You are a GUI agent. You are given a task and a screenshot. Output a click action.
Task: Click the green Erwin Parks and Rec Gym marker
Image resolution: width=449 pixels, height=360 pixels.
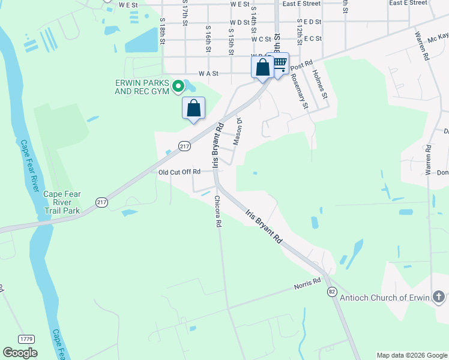click(178, 88)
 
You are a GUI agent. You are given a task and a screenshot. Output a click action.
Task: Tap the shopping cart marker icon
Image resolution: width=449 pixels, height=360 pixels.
click(279, 63)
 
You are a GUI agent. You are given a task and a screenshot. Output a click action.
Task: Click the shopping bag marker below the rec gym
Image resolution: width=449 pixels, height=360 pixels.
click(193, 109)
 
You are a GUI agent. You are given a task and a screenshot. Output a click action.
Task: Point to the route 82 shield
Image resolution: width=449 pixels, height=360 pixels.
click(332, 291)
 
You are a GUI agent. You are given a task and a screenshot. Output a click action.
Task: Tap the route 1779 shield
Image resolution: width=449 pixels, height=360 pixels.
click(26, 339)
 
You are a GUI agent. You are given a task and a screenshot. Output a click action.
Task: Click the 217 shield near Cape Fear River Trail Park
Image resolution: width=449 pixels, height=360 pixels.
click(101, 203)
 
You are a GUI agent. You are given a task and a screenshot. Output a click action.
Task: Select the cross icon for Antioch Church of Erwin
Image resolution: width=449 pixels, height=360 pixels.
click(439, 297)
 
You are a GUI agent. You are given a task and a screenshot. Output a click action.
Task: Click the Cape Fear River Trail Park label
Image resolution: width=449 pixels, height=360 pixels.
click(62, 202)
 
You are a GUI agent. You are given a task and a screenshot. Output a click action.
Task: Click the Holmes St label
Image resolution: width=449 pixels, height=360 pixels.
click(320, 84)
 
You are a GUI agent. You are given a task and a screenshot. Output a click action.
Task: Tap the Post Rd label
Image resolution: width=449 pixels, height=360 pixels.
click(304, 62)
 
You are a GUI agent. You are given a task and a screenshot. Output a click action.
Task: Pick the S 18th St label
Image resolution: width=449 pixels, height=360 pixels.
click(162, 29)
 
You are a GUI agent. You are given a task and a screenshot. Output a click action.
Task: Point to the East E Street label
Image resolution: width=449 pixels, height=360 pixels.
click(301, 4)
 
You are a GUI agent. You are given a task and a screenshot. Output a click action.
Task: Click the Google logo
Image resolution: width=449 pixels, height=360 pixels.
click(20, 353)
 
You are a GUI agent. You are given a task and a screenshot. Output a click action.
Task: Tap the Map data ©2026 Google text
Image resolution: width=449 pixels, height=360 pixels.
click(411, 355)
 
